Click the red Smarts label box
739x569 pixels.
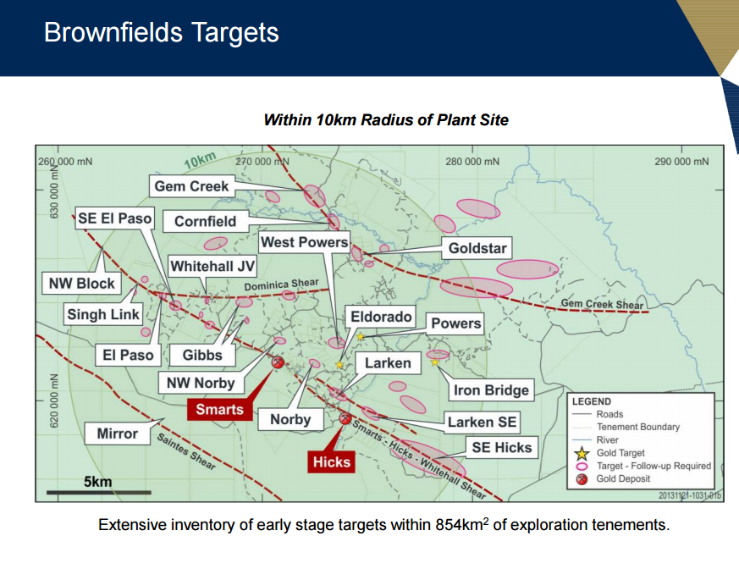[x=219, y=409]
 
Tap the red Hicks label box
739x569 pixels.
[x=331, y=461]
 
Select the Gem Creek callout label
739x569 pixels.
[x=192, y=186]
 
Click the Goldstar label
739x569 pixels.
[x=477, y=248]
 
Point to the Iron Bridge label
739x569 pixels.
[x=491, y=389]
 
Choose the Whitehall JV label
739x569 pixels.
[x=212, y=266]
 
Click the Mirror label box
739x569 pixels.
[x=118, y=434]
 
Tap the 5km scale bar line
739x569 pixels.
[x=99, y=493]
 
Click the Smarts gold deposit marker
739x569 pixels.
[x=278, y=362]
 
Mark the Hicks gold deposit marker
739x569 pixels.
[x=345, y=418]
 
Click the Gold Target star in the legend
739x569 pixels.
[x=582, y=454]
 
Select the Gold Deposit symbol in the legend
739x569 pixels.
[x=582, y=479]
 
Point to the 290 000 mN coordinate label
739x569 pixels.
[x=681, y=162]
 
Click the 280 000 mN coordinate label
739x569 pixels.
[x=472, y=162]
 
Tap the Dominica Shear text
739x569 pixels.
[x=281, y=284]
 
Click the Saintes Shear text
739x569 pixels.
[x=186, y=451]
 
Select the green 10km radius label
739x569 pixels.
[x=201, y=160]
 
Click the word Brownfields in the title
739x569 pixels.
[x=113, y=32]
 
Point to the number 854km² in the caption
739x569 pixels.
[x=462, y=524]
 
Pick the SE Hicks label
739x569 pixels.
[x=502, y=447]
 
